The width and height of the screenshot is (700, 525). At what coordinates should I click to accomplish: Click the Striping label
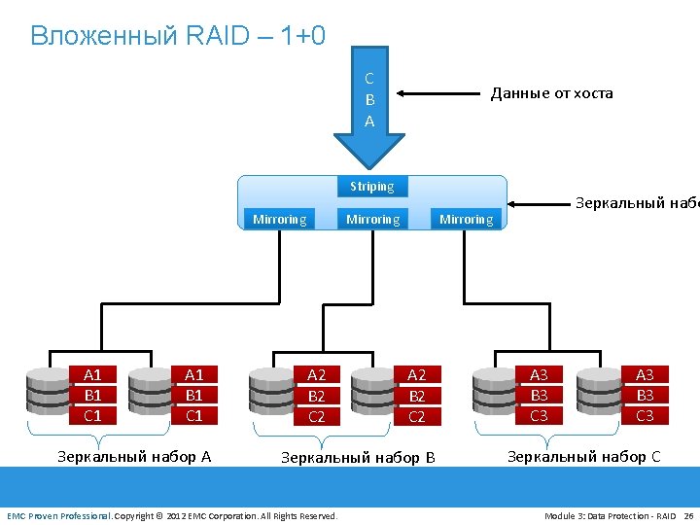coord(372,186)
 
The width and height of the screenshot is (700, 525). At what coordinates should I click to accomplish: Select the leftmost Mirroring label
coord(279,220)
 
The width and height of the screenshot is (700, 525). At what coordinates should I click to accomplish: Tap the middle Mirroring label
coord(372,220)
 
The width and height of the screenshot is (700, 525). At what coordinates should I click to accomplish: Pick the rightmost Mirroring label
coord(467,220)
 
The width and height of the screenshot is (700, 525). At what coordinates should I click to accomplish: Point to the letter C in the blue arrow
coord(369,79)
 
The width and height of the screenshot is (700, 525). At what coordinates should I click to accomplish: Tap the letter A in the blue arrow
coord(369,122)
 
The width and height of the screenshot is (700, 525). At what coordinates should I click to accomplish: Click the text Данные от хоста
coord(551,93)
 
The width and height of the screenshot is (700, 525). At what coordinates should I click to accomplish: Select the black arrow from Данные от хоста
coord(443,94)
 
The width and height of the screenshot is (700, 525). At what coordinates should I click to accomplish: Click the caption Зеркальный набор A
coord(134,455)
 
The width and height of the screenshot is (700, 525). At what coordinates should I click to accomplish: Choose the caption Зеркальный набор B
coord(358,457)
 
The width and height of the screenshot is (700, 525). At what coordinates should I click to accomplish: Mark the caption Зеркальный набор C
coord(583,455)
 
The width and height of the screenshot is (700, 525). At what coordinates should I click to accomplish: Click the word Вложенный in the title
coord(89,36)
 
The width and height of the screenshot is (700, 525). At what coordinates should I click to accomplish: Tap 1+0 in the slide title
coord(302,36)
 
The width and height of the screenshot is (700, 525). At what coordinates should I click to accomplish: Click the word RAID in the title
coord(207,36)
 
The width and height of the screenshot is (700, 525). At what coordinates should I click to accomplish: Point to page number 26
coord(689,515)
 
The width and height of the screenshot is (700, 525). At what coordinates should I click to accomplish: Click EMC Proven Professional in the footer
coord(58,515)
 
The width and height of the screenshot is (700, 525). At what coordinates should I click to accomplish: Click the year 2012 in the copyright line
coord(176,515)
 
